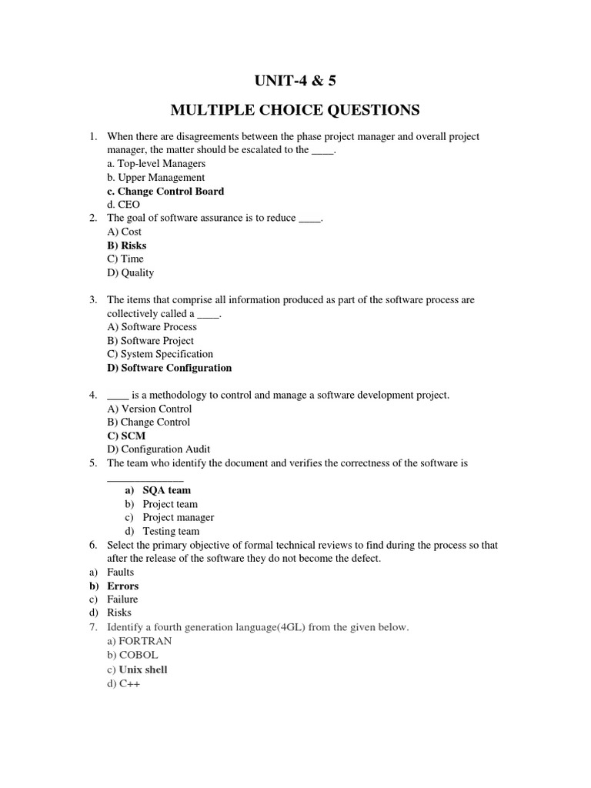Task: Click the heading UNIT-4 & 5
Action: (x=295, y=80)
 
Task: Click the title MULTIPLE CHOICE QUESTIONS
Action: (x=295, y=111)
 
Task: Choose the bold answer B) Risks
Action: (x=126, y=245)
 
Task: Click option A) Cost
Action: (x=124, y=232)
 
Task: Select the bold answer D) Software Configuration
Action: (x=169, y=368)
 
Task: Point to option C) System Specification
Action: (x=160, y=354)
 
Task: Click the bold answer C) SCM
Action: (x=126, y=436)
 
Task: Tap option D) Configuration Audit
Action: (x=159, y=449)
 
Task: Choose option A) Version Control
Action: (x=152, y=409)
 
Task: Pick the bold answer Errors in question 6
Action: (x=122, y=586)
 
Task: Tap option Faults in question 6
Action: (x=120, y=572)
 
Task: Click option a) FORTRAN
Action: (x=139, y=640)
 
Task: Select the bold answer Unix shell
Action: (x=142, y=669)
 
